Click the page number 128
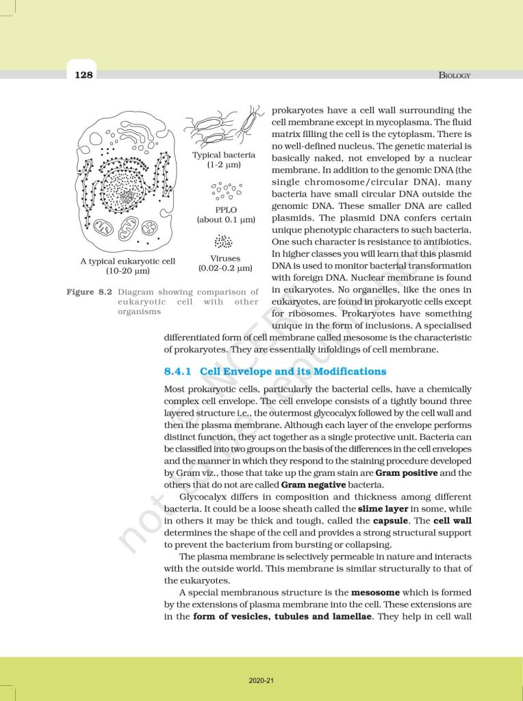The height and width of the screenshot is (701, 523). [x=84, y=75]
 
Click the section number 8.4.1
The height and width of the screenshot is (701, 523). [x=179, y=372]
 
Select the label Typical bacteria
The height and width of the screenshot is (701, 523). [x=224, y=155]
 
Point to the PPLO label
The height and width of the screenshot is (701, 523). [x=225, y=209]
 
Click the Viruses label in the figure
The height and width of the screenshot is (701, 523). [x=225, y=259]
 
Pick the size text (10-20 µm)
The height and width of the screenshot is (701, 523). [x=128, y=271]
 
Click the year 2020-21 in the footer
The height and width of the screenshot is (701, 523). [x=261, y=681]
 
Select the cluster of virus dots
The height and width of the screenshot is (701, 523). [x=224, y=242]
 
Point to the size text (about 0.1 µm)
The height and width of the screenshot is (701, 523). [x=225, y=220]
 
